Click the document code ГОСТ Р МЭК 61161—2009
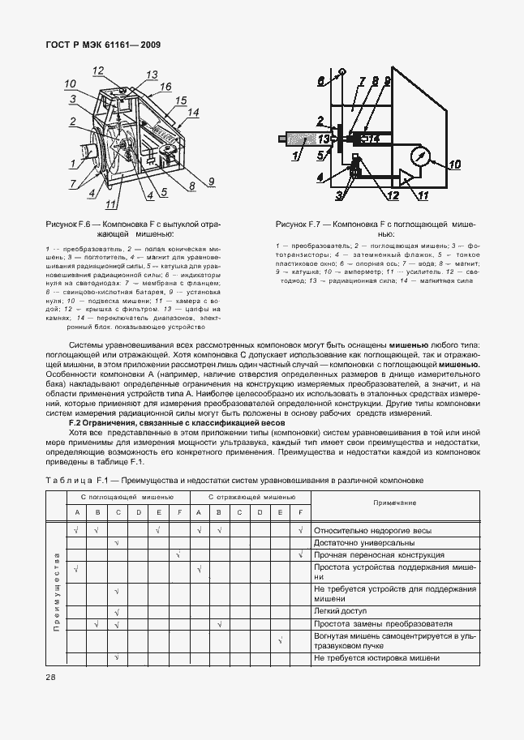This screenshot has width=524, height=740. pos(92,45)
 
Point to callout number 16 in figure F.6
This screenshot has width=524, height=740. pos(165,86)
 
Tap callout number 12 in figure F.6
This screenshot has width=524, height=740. pos(98,70)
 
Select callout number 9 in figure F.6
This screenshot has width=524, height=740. pos(210,180)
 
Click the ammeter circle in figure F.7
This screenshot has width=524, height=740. pos(420,155)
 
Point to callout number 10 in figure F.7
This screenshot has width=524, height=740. pos(454,165)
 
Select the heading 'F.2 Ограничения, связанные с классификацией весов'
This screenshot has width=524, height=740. pos(175,422)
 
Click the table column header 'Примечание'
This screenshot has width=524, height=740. pos(394,503)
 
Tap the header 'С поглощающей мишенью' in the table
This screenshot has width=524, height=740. pos(126,496)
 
